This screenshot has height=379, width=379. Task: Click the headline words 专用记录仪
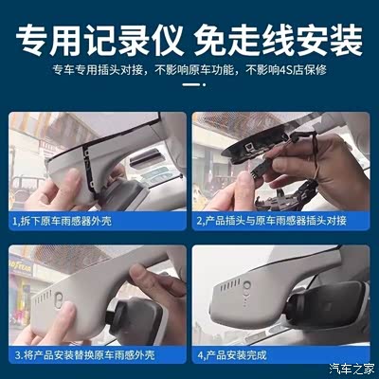[x=99, y=41]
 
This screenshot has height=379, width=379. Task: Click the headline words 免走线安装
[x=279, y=41]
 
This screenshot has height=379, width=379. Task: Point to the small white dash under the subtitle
[x=191, y=84]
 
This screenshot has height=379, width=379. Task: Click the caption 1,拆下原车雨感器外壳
[x=62, y=221]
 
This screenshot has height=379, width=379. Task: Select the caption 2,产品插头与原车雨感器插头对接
[x=271, y=221]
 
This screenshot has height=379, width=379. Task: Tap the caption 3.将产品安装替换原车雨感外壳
[x=84, y=355]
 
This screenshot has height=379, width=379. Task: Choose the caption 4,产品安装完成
[x=232, y=355]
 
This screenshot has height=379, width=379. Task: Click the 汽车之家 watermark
[x=352, y=369]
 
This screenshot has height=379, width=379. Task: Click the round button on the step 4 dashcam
[x=247, y=286]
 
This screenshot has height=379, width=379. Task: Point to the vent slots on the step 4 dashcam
[x=229, y=285]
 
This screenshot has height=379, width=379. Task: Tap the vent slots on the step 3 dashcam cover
[x=43, y=298]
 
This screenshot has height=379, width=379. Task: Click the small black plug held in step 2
[x=258, y=169]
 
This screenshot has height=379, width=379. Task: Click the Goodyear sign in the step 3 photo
[x=21, y=267]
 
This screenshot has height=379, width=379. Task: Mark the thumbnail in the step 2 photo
[x=244, y=180]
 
